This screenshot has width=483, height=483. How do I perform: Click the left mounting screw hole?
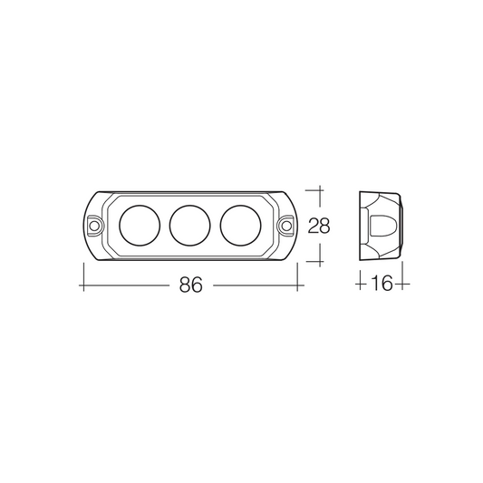[94, 226]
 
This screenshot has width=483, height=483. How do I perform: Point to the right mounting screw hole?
[286, 226]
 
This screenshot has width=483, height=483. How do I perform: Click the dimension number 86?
[191, 285]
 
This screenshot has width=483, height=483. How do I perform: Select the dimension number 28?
[319, 226]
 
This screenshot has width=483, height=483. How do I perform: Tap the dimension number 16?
[382, 284]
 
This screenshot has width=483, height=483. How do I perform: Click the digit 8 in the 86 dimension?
[185, 285]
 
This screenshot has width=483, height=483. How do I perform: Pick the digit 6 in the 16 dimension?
[388, 284]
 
